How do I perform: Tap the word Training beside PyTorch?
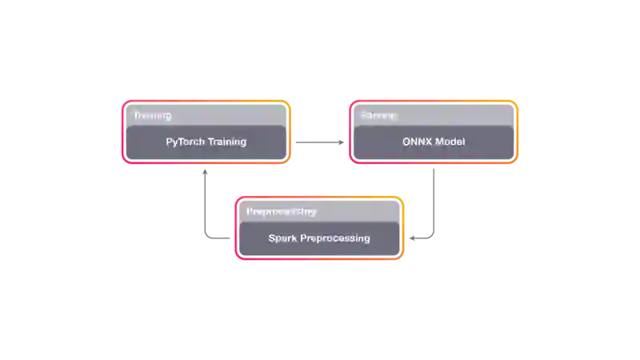pyautogui.click(x=227, y=142)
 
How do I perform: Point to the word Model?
pyautogui.click(x=450, y=142)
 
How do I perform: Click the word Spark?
pyautogui.click(x=282, y=238)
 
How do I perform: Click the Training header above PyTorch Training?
pyautogui.click(x=152, y=116)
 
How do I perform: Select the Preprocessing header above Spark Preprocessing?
pyautogui.click(x=281, y=212)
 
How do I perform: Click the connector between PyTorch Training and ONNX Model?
pyautogui.click(x=319, y=143)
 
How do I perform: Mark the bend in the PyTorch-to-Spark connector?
pyautogui.click(x=206, y=238)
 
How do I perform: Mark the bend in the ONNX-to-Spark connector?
pyautogui.click(x=432, y=238)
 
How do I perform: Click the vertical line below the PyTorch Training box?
pyautogui.click(x=206, y=200)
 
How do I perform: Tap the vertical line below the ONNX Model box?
pyautogui.click(x=432, y=200)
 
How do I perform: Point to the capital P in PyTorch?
pyautogui.click(x=169, y=142)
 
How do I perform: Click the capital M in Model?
pyautogui.click(x=439, y=142)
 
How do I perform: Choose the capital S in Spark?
pyautogui.click(x=272, y=238)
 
